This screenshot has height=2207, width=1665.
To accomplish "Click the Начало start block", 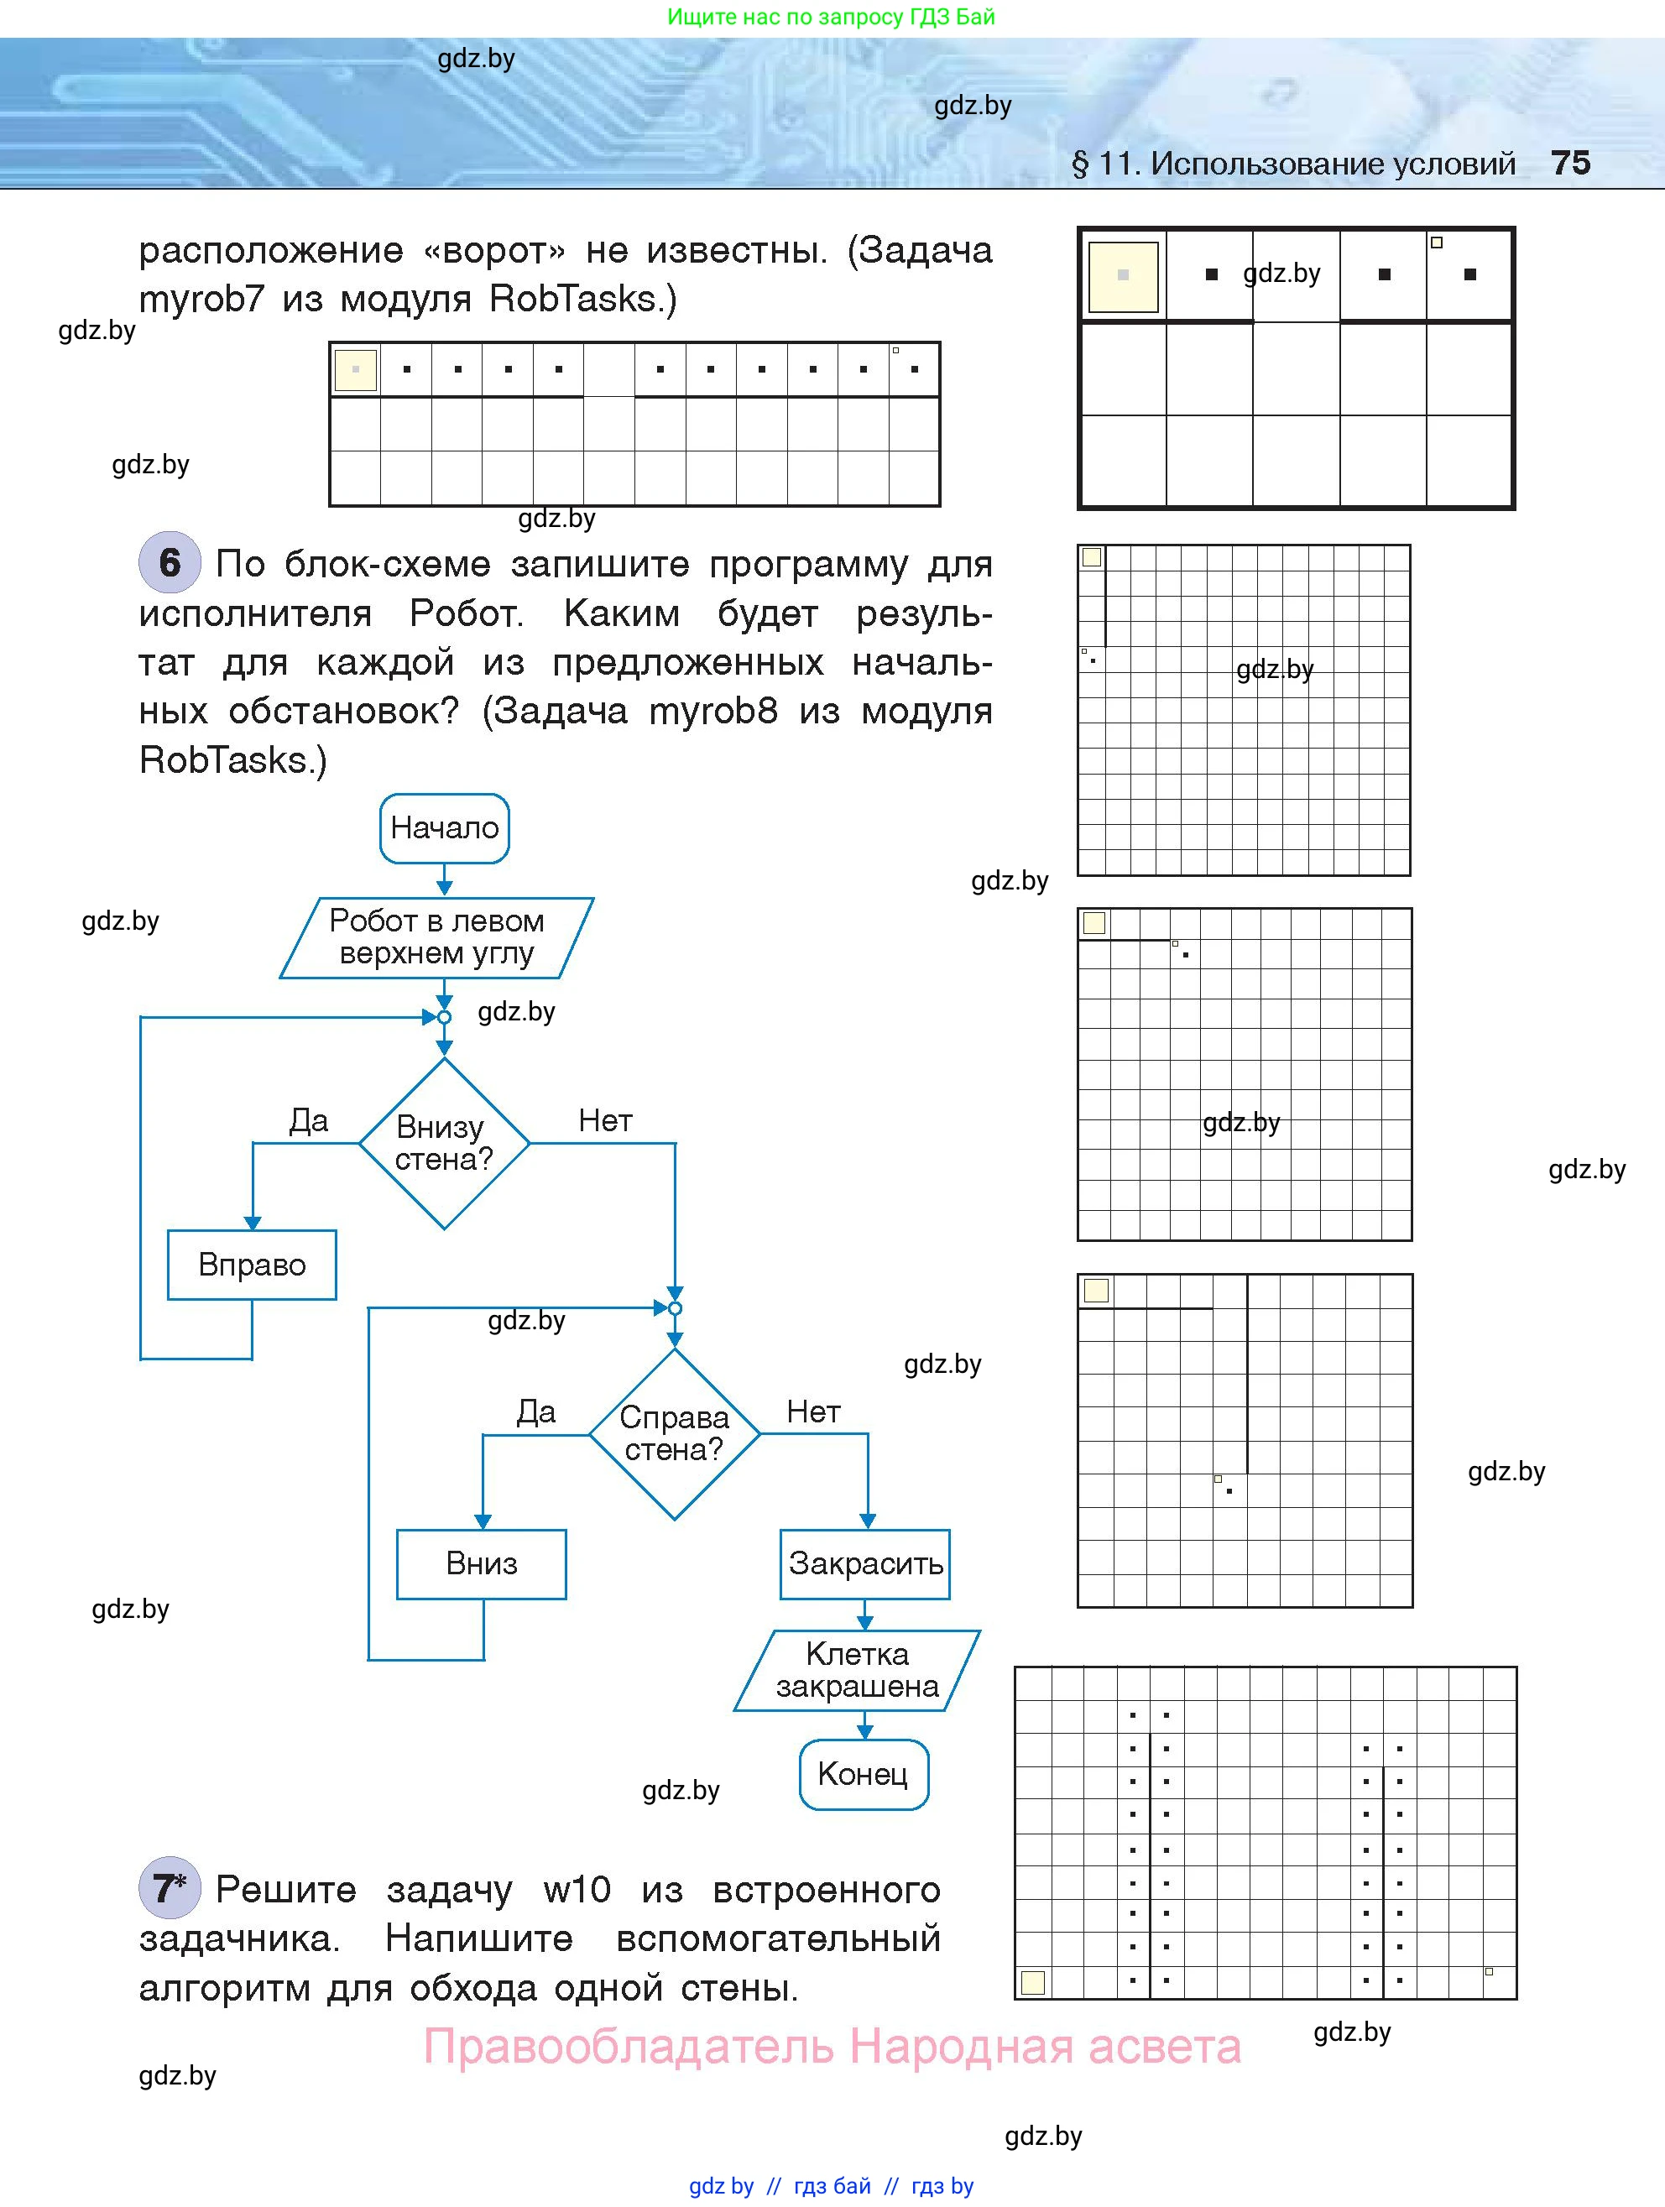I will pos(444,827).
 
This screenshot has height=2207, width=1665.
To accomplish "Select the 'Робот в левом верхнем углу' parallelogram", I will pos(437,937).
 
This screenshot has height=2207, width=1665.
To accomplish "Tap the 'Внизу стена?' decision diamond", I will pos(444,1142).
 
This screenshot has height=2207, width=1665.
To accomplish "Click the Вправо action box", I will pos(252,1264).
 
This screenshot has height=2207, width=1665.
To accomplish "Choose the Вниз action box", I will pos(482,1563).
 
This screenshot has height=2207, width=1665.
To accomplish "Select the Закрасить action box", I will pos(865,1563).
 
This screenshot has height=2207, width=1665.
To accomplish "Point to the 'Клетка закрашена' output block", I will pos(857,1670).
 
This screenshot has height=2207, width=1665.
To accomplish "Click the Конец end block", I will pos(863,1774).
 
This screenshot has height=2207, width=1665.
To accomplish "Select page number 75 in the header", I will pos(1570,163).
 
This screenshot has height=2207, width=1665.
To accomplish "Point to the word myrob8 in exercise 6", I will pos(712,712).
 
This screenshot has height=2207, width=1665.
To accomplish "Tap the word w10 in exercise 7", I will pos(577,1889).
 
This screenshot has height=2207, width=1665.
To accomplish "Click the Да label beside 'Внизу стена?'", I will pos(308,1120).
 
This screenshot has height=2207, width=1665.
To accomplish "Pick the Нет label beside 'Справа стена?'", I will pos(813,1411).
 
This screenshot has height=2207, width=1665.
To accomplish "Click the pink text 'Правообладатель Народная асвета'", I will pos(832,2048).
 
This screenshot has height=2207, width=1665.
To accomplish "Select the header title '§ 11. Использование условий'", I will pos(1293,164).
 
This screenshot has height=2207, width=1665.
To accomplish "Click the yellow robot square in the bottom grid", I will pos(1032,1982).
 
